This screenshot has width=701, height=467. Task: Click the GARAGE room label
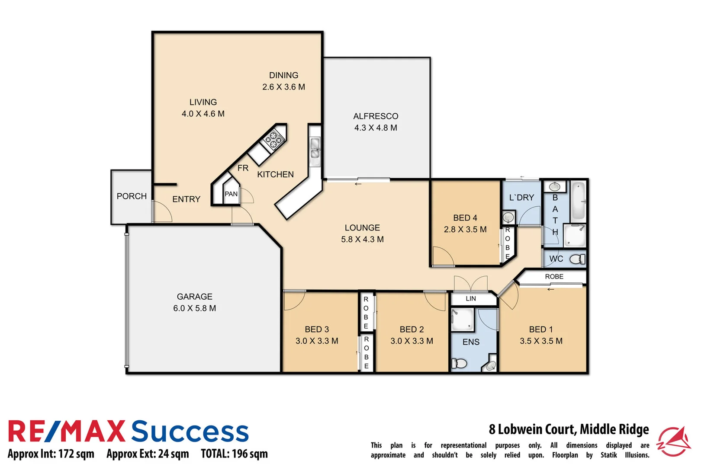tap(194, 297)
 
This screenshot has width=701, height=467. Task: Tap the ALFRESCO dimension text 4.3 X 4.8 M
tap(376, 128)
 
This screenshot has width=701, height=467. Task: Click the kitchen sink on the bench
tap(315, 148)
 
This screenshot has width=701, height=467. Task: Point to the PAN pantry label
tap(231, 194)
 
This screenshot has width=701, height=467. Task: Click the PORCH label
tap(132, 196)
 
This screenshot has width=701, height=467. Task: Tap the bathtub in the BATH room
tap(578, 201)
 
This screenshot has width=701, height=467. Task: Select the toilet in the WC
tap(576, 259)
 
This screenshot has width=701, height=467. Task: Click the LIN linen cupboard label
tap(471, 298)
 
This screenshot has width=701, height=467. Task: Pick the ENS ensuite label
tap(471, 342)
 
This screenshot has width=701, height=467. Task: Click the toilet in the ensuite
tap(460, 363)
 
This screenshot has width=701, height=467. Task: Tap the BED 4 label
tap(465, 218)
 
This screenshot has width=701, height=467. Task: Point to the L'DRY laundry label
tap(521, 198)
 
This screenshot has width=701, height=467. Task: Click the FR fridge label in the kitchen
tap(243, 168)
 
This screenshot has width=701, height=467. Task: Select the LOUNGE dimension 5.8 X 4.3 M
tap(362, 239)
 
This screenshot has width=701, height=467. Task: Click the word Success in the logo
tap(190, 432)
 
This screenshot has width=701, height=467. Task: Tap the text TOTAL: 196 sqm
tap(234, 454)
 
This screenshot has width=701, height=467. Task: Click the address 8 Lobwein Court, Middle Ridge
tap(569, 429)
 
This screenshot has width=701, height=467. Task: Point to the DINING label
tap(283, 75)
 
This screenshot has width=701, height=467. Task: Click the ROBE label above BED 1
tap(554, 276)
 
